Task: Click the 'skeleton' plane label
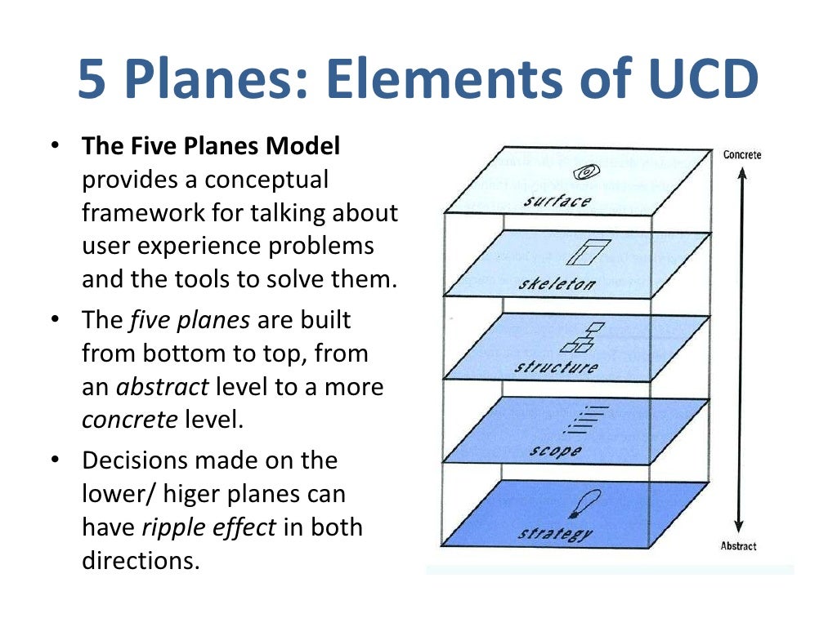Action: pyautogui.click(x=557, y=284)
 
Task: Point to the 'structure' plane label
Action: pyautogui.click(x=556, y=367)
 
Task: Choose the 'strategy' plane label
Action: pyautogui.click(x=555, y=534)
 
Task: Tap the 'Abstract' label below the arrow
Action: pyautogui.click(x=738, y=546)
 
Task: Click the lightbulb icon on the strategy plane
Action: pyautogui.click(x=587, y=503)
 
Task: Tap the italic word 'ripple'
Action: pyautogui.click(x=173, y=527)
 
